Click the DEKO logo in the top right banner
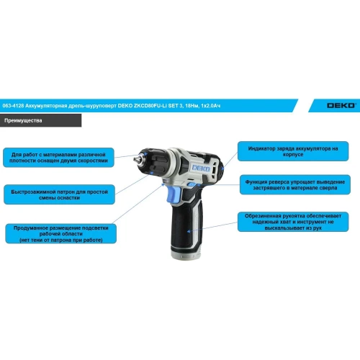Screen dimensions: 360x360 point(341,106)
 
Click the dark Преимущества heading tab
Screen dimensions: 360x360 point(40,120)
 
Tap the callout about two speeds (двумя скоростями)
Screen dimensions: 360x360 point(58,158)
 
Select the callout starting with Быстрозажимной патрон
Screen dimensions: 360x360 point(59,194)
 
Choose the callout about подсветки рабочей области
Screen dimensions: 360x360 point(61,234)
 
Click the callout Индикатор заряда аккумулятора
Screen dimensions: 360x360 point(293,151)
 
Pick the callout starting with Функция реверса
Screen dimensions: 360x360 point(295,184)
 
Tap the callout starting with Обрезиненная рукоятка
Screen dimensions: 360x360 point(293,222)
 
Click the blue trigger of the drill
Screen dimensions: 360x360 point(174,194)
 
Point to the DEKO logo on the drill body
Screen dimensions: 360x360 point(201,168)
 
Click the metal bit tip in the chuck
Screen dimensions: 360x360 point(138,158)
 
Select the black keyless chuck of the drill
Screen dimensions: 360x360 point(153,160)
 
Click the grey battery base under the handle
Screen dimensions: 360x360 point(186,252)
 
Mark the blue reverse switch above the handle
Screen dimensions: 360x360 point(193,184)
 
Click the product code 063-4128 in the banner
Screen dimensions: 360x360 point(13,106)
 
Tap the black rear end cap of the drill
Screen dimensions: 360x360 point(218,166)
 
